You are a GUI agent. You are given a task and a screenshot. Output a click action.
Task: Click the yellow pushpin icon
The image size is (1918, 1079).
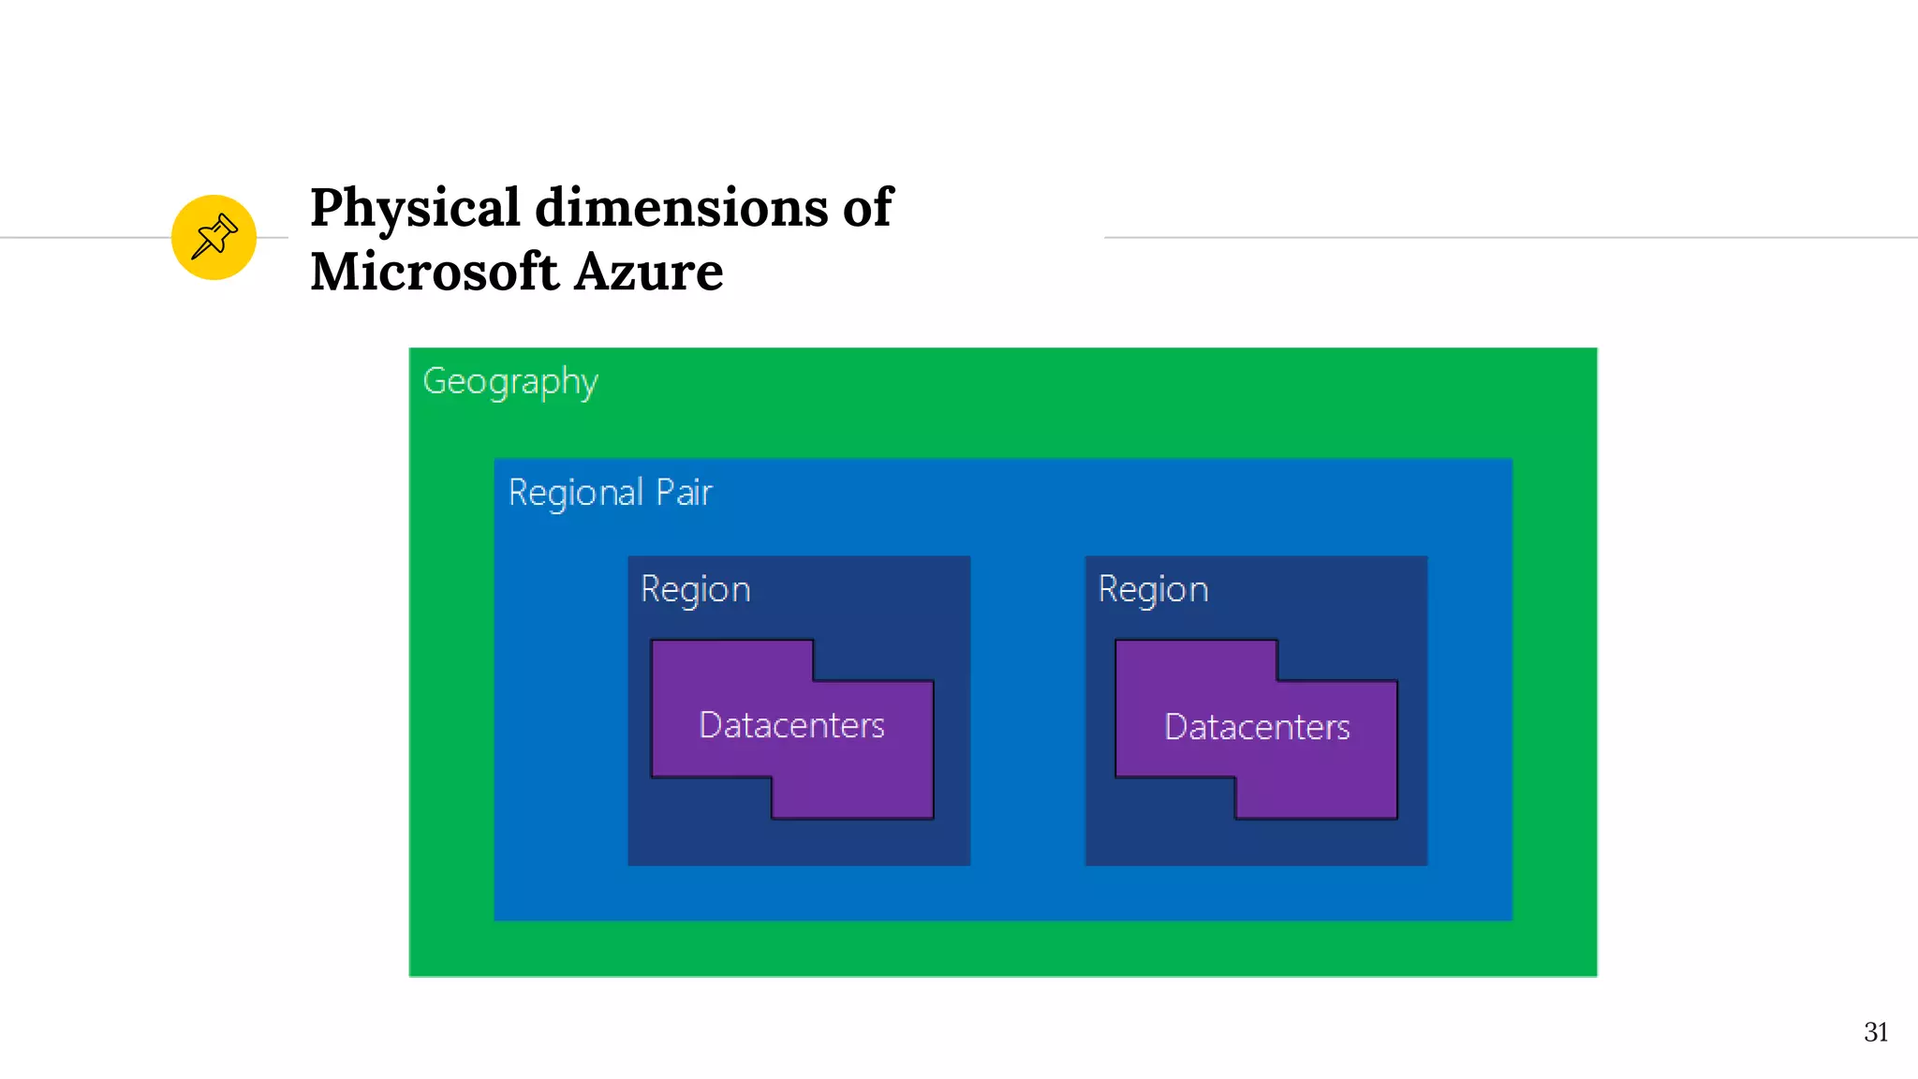pyautogui.click(x=214, y=237)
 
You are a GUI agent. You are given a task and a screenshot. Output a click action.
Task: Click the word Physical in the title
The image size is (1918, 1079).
pyautogui.click(x=415, y=208)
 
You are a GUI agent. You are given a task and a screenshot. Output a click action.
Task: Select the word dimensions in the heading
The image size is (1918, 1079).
pyautogui.click(x=681, y=208)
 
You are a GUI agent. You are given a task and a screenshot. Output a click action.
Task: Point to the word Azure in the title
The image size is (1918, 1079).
pyautogui.click(x=648, y=272)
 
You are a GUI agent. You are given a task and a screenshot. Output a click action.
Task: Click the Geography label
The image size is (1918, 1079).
pyautogui.click(x=510, y=382)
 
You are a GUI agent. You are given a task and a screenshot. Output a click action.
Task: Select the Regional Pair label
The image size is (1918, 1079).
pyautogui.click(x=610, y=493)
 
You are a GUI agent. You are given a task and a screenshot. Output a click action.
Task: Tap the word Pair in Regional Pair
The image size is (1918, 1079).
pyautogui.click(x=684, y=493)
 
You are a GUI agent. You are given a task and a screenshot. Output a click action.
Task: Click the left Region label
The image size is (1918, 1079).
pyautogui.click(x=696, y=590)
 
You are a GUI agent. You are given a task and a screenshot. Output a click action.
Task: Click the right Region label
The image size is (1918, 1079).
pyautogui.click(x=1153, y=590)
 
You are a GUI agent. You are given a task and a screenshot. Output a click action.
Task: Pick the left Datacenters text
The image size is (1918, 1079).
pyautogui.click(x=791, y=726)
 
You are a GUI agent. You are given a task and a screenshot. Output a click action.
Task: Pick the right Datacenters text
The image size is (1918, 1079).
pyautogui.click(x=1257, y=728)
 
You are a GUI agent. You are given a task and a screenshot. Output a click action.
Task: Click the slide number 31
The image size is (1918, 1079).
pyautogui.click(x=1875, y=1032)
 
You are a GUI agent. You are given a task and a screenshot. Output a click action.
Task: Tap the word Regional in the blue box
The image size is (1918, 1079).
pyautogui.click(x=575, y=493)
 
